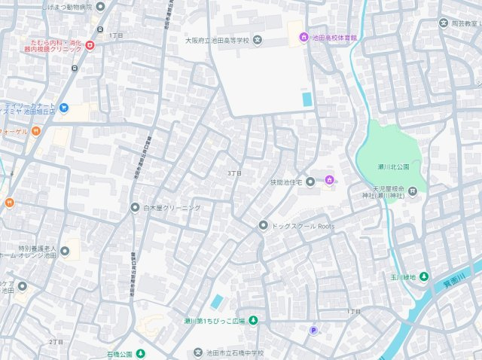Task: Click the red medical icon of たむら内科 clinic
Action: point(90,46)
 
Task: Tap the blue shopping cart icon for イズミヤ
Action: point(63,108)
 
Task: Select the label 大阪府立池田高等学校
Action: point(218,40)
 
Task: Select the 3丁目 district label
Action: point(234,173)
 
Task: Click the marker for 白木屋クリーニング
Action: point(135,207)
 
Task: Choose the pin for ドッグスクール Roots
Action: point(263,225)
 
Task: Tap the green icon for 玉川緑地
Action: point(424,276)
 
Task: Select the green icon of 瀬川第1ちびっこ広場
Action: point(253,321)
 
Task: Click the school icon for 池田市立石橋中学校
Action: point(199,352)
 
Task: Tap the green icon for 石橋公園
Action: point(140,353)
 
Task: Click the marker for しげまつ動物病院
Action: point(100,6)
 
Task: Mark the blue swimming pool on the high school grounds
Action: point(306,99)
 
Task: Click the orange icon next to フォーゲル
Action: point(35,131)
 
